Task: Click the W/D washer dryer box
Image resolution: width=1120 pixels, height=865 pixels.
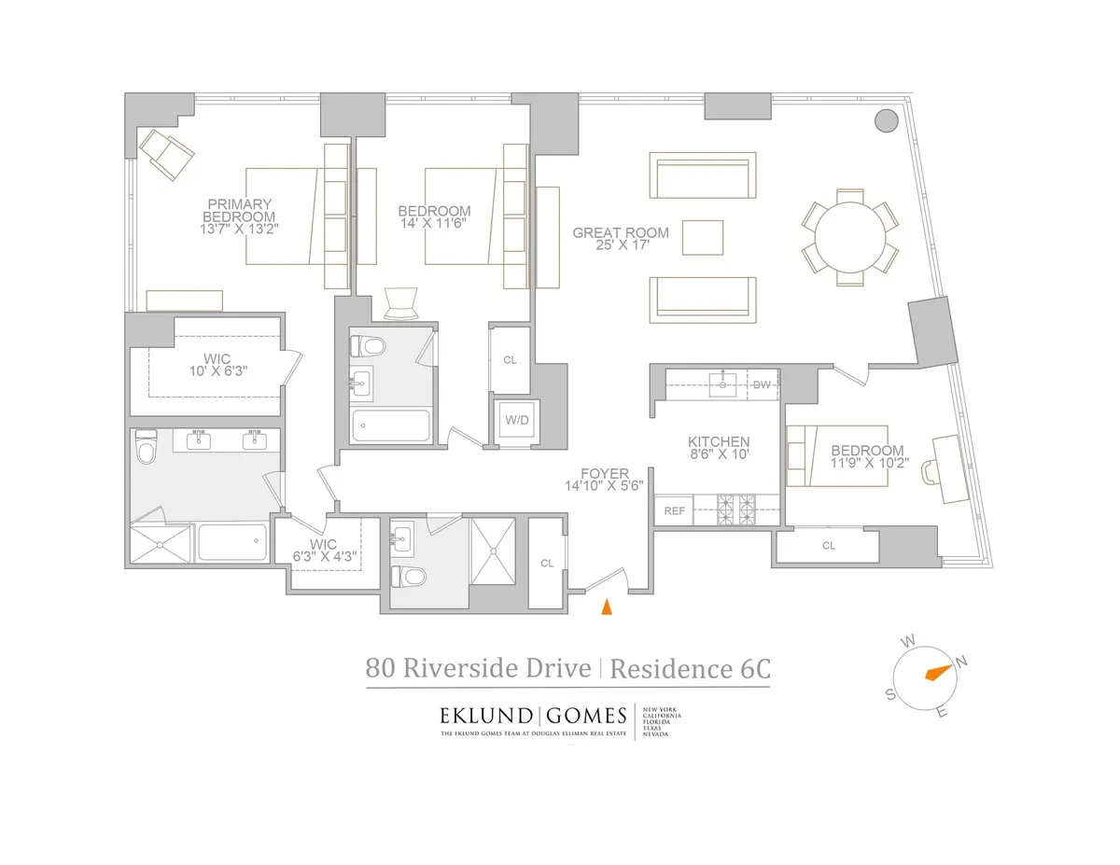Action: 516,420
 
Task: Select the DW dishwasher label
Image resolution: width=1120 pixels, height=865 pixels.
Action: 762,384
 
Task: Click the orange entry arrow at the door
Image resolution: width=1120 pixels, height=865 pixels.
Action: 606,607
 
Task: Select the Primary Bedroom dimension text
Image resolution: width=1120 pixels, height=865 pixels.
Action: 240,227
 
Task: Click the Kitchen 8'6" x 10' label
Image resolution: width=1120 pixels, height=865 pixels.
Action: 719,449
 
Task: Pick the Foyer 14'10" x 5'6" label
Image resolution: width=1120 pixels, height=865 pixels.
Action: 603,480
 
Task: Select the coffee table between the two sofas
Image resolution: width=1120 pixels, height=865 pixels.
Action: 703,237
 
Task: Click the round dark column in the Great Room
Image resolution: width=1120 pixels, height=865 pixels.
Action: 886,120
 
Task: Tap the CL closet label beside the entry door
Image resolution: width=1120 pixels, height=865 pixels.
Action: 547,563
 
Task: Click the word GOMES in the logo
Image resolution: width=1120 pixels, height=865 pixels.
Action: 586,717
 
